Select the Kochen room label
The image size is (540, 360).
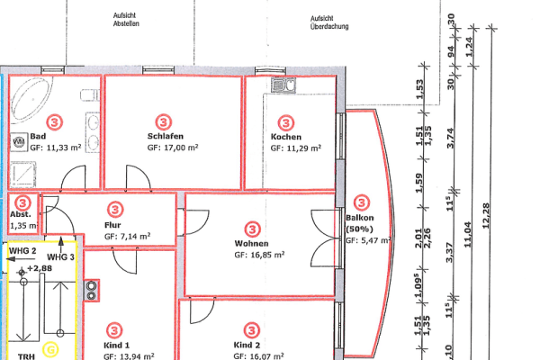coord(285,137)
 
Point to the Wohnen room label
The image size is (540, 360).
coord(251,244)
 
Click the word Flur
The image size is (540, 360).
coord(112,225)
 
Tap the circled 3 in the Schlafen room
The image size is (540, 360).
coord(163,120)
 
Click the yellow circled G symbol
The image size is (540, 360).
coord(51,347)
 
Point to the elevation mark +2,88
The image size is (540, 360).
coord(39,268)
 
